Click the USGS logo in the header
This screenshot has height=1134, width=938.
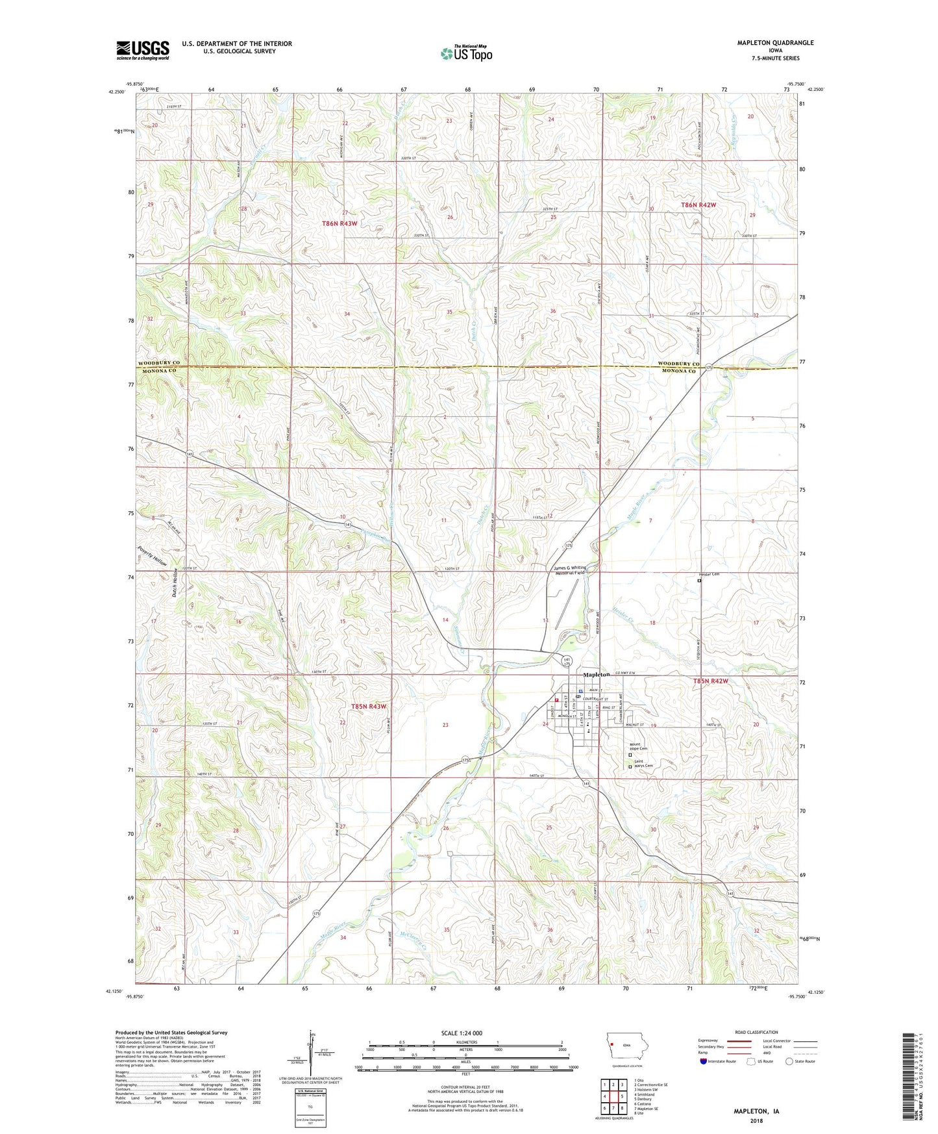click(143, 49)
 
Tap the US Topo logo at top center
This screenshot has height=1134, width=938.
click(466, 53)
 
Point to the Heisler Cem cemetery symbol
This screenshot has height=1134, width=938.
click(699, 581)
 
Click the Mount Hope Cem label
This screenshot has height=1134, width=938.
click(639, 747)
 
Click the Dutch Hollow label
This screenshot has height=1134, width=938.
click(175, 583)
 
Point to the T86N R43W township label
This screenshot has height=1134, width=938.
click(339, 223)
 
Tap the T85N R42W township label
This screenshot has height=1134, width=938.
click(710, 681)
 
